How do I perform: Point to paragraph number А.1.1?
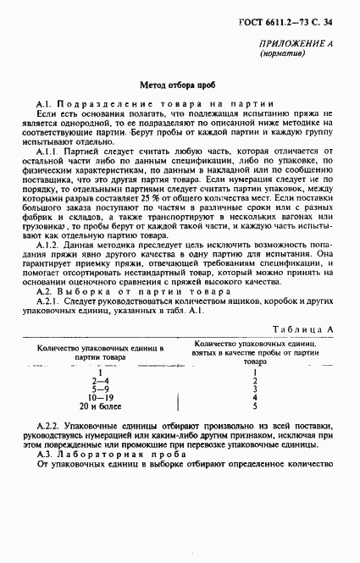point(48,151)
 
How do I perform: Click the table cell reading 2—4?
point(100,382)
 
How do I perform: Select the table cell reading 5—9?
point(100,389)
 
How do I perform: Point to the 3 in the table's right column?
point(254,389)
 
